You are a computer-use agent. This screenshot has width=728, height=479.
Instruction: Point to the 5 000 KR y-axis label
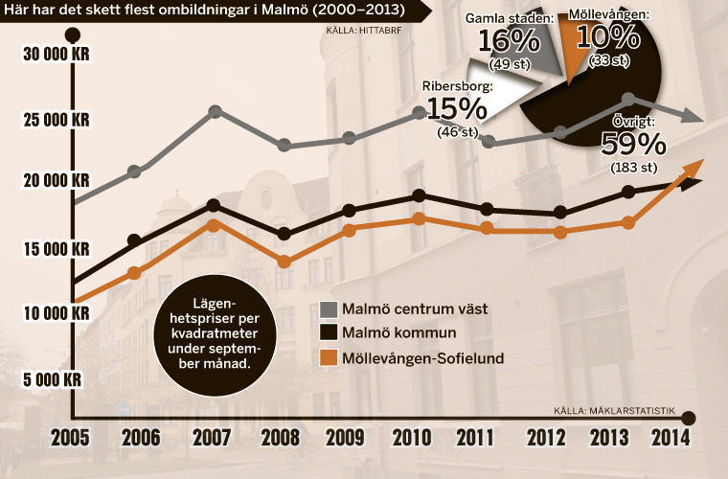(55, 379)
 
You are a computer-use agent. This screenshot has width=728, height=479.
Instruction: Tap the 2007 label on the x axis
(211, 439)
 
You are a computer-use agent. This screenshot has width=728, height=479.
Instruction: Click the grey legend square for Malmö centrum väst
(327, 308)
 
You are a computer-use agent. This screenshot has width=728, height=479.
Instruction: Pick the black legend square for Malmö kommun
(327, 332)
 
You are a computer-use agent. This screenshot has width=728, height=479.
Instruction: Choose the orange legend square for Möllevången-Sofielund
(327, 357)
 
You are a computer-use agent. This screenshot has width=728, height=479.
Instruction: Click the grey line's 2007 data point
(216, 112)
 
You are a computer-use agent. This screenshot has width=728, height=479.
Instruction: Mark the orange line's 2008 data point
(283, 262)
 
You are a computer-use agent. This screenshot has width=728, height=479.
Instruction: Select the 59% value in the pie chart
(632, 144)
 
